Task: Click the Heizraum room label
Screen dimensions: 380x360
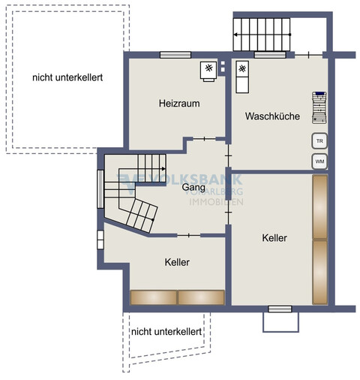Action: tap(178, 104)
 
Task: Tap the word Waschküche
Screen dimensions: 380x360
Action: tap(272, 116)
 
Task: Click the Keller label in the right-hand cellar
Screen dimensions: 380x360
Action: tap(274, 237)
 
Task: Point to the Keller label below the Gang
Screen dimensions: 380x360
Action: tap(177, 262)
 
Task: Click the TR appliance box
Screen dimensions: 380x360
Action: tap(319, 141)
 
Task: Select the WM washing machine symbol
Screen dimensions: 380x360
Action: tap(319, 161)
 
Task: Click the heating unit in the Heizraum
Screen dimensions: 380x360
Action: tap(208, 70)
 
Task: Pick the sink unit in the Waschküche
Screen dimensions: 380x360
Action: tap(242, 75)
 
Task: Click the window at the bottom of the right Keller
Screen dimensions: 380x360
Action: tap(280, 308)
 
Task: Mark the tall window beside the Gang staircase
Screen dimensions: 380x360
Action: tap(100, 189)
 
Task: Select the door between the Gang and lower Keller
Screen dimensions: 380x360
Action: tap(188, 235)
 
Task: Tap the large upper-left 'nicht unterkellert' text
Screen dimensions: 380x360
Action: tap(67, 77)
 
